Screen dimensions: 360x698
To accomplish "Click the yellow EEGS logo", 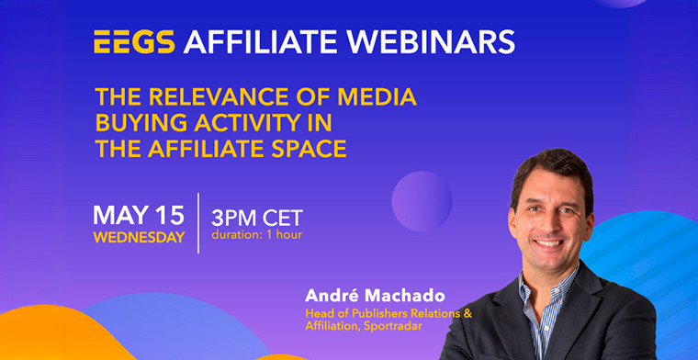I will pos(135,41).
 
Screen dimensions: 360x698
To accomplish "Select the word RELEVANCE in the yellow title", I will pos(218,96).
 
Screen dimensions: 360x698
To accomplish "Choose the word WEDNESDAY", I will pos(140,237).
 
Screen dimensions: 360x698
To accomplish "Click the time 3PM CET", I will pos(256,219).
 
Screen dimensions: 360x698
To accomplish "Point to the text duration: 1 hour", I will pos(256,236).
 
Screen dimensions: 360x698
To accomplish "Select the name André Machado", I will pos(362,298).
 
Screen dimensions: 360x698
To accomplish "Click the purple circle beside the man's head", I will pos(422,200).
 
